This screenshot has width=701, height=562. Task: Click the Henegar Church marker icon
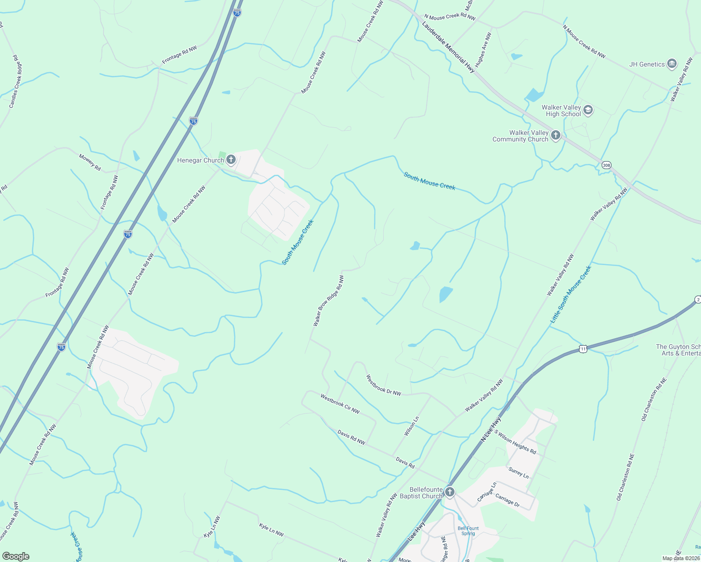231,160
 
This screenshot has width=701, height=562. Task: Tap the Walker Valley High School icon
588,111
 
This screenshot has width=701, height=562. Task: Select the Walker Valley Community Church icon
555,136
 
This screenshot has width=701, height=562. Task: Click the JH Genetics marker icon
671,64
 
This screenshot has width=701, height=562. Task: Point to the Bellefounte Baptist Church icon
449,492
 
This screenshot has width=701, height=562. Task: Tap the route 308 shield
607,165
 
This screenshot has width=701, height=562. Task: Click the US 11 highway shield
582,348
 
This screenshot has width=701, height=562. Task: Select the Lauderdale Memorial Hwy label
448,47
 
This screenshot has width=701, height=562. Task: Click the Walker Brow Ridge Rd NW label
329,301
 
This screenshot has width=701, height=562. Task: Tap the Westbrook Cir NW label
340,404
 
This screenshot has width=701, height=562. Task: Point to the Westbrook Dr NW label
383,385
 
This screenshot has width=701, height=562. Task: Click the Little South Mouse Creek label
571,294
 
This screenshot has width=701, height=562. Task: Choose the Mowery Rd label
89,162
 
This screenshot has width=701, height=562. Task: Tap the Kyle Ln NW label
271,530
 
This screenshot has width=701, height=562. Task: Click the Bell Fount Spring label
468,531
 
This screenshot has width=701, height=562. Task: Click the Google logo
15,556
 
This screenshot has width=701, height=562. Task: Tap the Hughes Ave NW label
483,50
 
